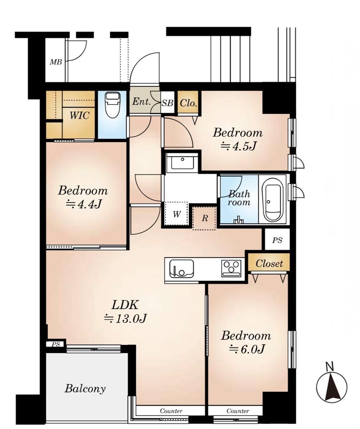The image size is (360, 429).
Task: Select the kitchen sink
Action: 181,268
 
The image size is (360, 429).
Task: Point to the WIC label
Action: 79,116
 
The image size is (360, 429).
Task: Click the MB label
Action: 56,62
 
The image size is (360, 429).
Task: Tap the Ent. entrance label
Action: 141,102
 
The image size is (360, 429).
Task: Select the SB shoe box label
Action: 167,103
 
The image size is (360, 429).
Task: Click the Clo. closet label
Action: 188,103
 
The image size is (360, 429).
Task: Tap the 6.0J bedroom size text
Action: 247,349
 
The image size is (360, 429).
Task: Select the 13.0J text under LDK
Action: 126,318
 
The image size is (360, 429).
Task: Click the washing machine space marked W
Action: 176,214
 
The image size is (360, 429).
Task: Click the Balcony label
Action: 85,389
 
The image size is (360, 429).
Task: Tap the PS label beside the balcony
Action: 56,344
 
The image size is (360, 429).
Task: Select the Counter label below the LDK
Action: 171,411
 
